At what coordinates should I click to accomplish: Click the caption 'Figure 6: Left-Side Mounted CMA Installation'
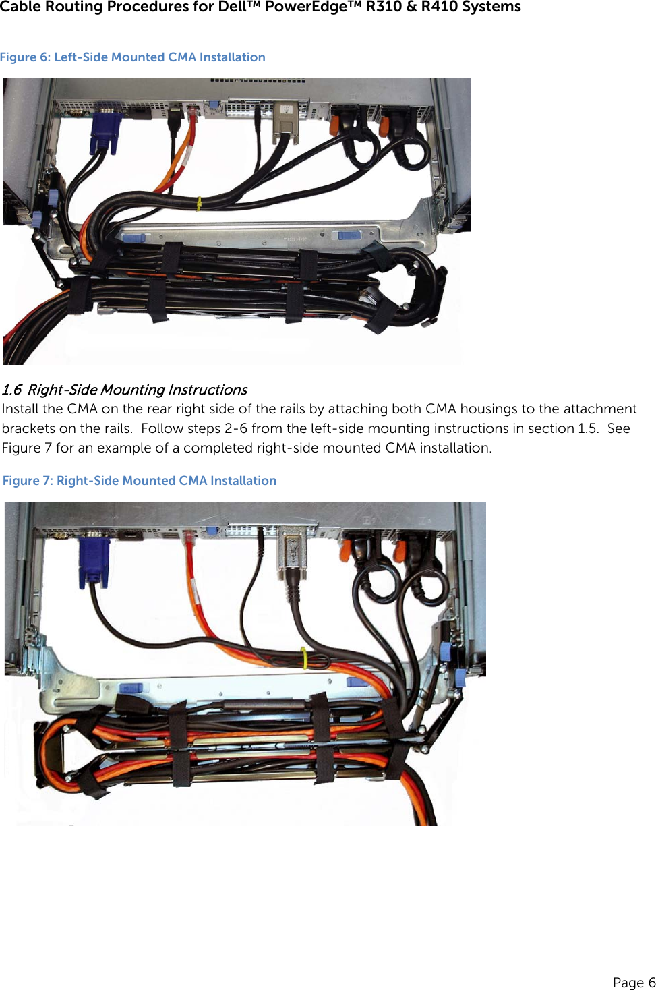pos(133,57)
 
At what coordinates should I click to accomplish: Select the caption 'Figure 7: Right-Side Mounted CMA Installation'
pos(140,481)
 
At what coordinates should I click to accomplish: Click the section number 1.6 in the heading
pos(11,390)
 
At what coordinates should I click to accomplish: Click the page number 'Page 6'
pos(633,982)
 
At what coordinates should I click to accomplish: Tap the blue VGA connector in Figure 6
pos(105,133)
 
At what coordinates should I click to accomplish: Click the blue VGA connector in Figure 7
pos(94,559)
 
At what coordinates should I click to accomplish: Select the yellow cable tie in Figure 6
pos(198,203)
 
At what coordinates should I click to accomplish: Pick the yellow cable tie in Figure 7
pos(304,658)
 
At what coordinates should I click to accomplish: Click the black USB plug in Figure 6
pos(174,116)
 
